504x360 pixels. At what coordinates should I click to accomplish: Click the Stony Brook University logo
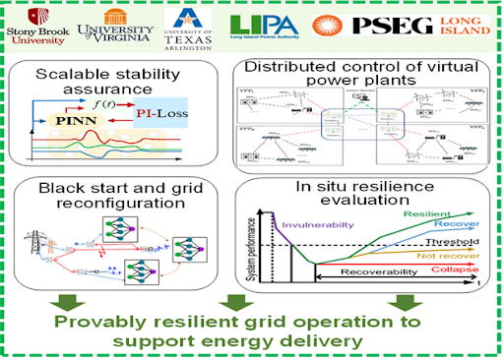tap(34, 26)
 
